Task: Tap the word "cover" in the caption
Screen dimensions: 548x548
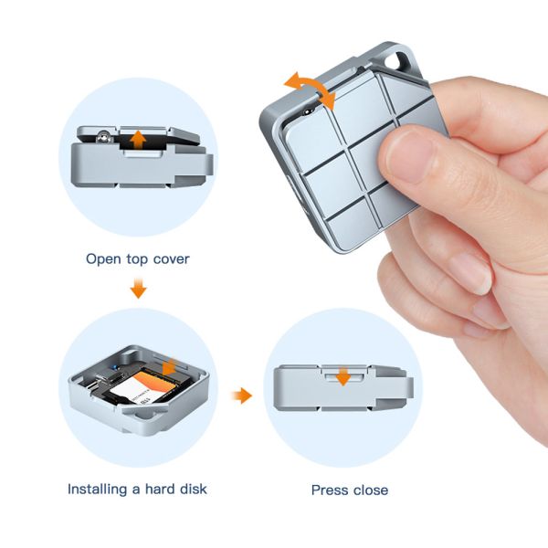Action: [x=172, y=259]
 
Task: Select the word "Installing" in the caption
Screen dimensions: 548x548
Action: [x=97, y=490]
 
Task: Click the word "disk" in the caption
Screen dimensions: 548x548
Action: [x=193, y=489]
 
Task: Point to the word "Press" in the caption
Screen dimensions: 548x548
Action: [x=330, y=490]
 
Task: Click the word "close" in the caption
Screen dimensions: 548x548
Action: [x=371, y=490]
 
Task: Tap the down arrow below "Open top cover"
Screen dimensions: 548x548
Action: [x=139, y=289]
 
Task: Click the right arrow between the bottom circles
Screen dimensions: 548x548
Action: [x=242, y=395]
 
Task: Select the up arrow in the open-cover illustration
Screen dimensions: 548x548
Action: [x=138, y=140]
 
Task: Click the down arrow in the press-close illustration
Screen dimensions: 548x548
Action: [x=343, y=376]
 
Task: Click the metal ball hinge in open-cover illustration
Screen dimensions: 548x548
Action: [x=103, y=137]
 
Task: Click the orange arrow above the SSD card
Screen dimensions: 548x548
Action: [x=170, y=366]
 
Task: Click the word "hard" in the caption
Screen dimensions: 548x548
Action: [x=160, y=489]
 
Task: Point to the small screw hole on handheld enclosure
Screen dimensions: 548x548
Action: [x=308, y=111]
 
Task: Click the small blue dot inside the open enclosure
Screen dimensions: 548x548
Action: [x=115, y=367]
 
